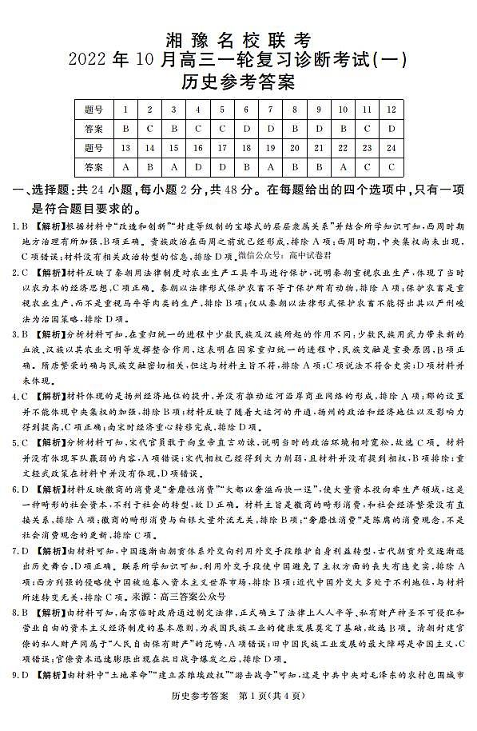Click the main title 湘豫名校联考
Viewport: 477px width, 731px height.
pyautogui.click(x=237, y=38)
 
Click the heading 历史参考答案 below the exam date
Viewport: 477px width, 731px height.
pyautogui.click(x=237, y=81)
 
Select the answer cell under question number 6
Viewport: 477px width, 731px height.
pyautogui.click(x=247, y=128)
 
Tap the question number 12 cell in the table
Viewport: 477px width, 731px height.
pyautogui.click(x=392, y=109)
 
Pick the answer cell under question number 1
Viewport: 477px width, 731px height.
pyautogui.click(x=125, y=128)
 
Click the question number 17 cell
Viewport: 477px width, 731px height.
pyautogui.click(x=223, y=148)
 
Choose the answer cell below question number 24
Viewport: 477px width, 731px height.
pyautogui.click(x=392, y=167)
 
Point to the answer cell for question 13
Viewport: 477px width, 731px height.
pyautogui.click(x=125, y=167)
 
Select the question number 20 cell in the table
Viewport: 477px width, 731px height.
pyautogui.click(x=295, y=148)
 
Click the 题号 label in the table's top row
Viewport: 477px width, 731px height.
pyautogui.click(x=93, y=109)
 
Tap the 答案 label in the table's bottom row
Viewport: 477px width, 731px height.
pyautogui.click(x=93, y=167)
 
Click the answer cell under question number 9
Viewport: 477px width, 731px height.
pyautogui.click(x=319, y=128)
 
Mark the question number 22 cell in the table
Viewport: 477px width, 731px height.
pyautogui.click(x=343, y=148)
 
